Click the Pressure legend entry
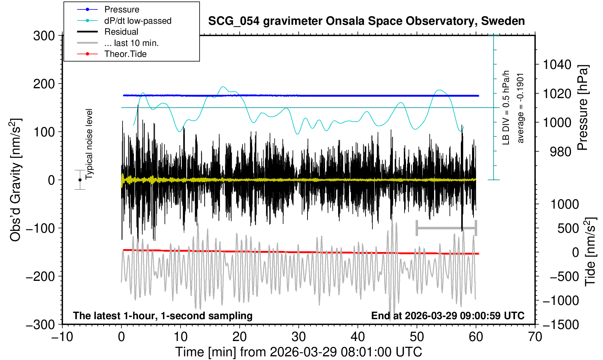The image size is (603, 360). pyautogui.click(x=121, y=9)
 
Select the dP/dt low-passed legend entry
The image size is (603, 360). pyautogui.click(x=138, y=21)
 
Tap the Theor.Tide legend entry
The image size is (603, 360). pyautogui.click(x=125, y=54)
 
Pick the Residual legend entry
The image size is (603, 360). pyautogui.click(x=121, y=32)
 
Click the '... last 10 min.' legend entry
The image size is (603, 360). pyautogui.click(x=131, y=43)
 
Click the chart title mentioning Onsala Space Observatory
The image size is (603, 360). pyautogui.click(x=366, y=21)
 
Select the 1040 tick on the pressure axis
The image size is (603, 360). pyautogui.click(x=557, y=65)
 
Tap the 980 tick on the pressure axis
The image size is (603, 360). pyautogui.click(x=561, y=151)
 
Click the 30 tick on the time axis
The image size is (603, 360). pyautogui.click(x=298, y=336)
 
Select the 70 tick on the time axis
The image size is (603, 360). pyautogui.click(x=535, y=336)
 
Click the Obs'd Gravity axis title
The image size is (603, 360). pyautogui.click(x=15, y=180)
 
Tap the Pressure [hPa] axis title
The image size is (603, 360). pyautogui.click(x=583, y=108)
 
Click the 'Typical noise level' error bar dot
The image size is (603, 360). pyautogui.click(x=80, y=180)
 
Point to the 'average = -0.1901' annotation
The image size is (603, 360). pyautogui.click(x=521, y=108)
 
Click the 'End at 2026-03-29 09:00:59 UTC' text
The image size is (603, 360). pyautogui.click(x=448, y=316)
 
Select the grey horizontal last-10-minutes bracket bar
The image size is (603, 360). pyautogui.click(x=446, y=228)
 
